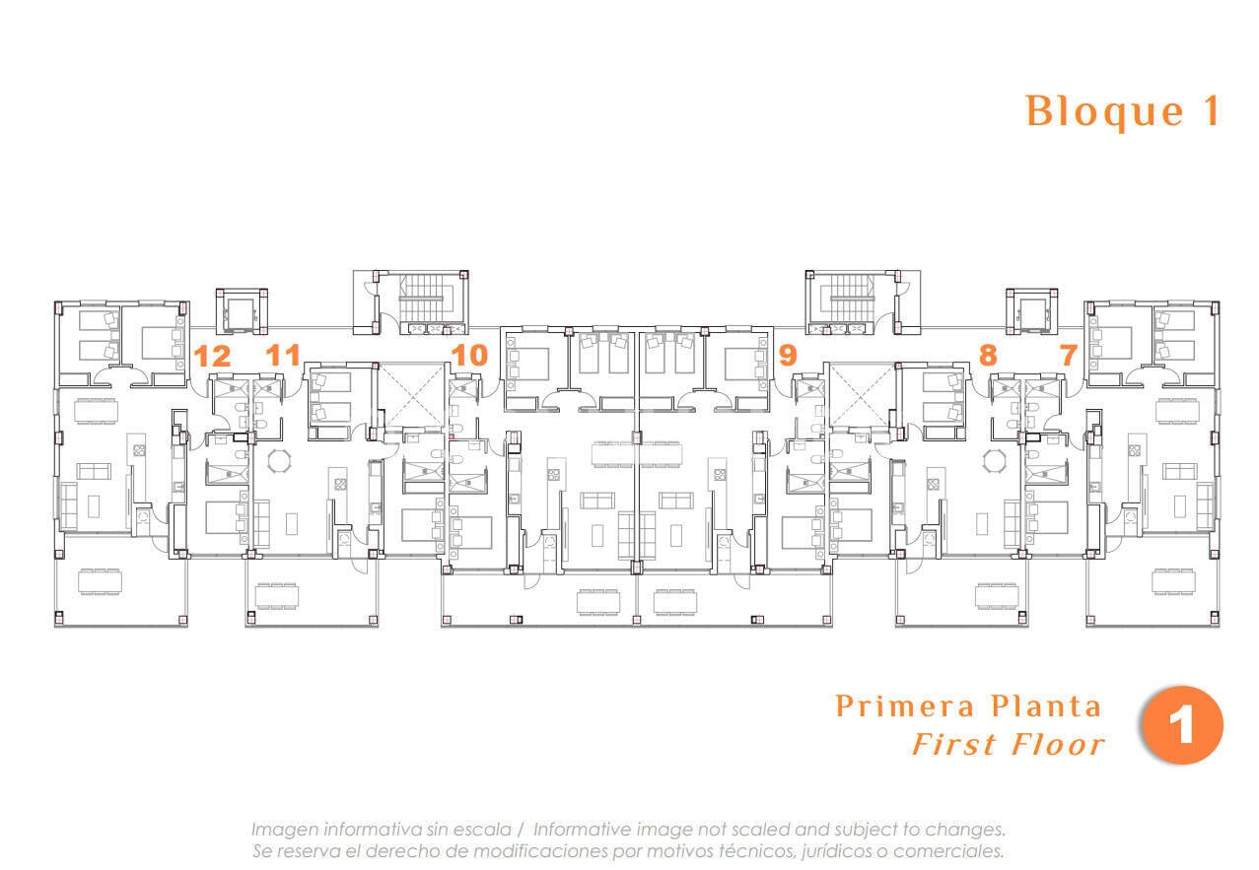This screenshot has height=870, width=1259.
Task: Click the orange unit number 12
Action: click(212, 356)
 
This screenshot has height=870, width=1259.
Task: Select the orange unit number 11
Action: click(283, 355)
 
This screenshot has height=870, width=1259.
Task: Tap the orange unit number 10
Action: click(469, 355)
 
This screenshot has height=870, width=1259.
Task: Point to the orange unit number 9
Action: click(788, 355)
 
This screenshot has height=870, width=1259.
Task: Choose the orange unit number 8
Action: click(988, 355)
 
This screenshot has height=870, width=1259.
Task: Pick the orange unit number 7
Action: click(1068, 355)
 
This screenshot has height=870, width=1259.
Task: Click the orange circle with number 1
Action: click(1182, 724)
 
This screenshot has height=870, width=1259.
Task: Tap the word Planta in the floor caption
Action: click(1045, 706)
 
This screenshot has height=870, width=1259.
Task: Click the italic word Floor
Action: click(1057, 745)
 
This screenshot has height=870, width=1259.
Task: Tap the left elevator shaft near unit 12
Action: click(242, 311)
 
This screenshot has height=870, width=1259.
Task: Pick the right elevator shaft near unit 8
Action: click(1031, 311)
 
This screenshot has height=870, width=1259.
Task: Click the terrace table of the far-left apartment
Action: click(100, 581)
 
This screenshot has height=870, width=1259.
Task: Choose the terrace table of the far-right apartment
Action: click(1173, 581)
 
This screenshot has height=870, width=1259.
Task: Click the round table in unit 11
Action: click(279, 462)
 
